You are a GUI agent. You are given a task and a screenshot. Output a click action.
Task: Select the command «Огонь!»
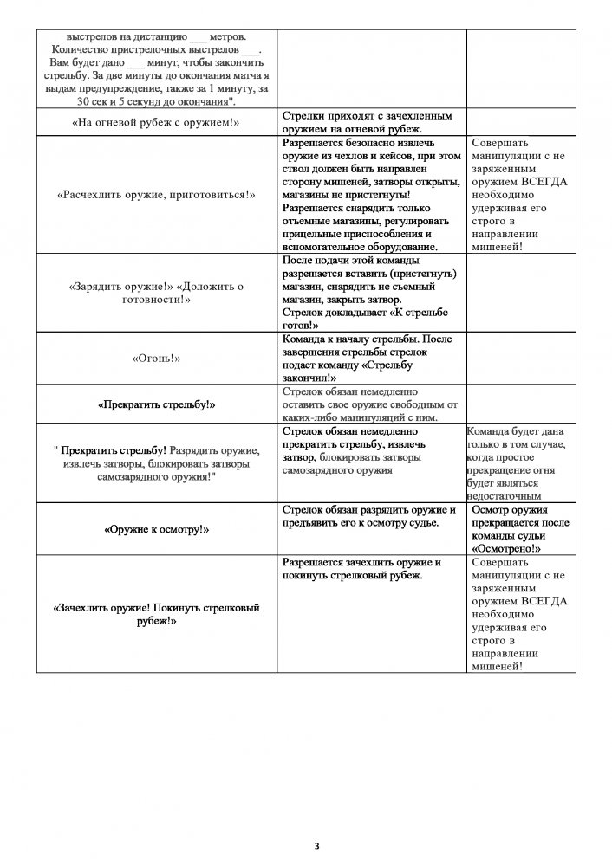pyautogui.click(x=156, y=357)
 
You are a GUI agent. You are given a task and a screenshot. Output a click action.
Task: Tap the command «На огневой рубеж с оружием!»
pyautogui.click(x=156, y=122)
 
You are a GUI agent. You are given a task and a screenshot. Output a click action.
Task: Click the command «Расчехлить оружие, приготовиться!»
pyautogui.click(x=156, y=195)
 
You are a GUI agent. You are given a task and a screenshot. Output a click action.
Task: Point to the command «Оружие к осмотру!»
pyautogui.click(x=156, y=528)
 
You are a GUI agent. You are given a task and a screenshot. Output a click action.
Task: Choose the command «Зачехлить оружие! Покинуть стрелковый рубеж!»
pyautogui.click(x=156, y=614)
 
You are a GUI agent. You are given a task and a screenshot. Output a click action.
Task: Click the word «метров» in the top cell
pyautogui.click(x=230, y=37)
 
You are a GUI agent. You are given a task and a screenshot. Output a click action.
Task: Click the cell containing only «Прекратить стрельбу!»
pyautogui.click(x=156, y=404)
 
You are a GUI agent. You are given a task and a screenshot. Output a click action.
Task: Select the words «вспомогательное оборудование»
pyautogui.click(x=360, y=247)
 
